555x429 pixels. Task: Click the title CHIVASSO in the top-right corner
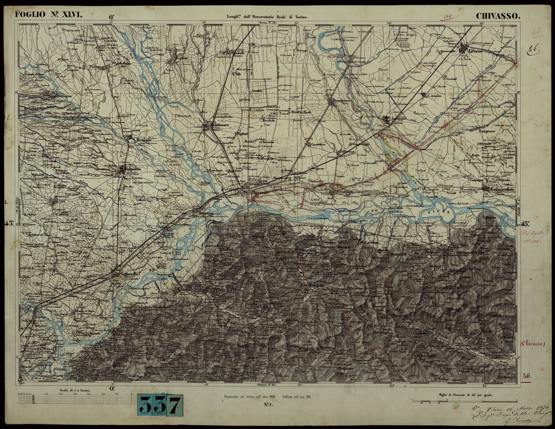(498, 16)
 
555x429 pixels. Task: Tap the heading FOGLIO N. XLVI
(49, 15)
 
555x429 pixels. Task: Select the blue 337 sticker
(160, 404)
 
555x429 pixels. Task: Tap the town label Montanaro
(215, 124)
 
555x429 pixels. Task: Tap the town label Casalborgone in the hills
(312, 285)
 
